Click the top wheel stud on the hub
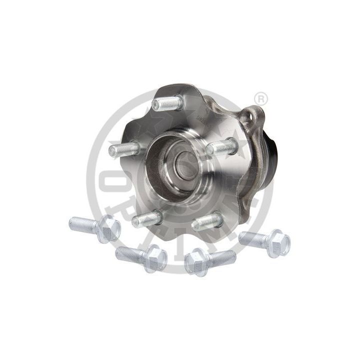168,103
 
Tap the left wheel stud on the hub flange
123,149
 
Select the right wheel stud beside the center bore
221,147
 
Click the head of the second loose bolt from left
154,258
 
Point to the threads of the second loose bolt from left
130,254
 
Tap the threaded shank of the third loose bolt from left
221,257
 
